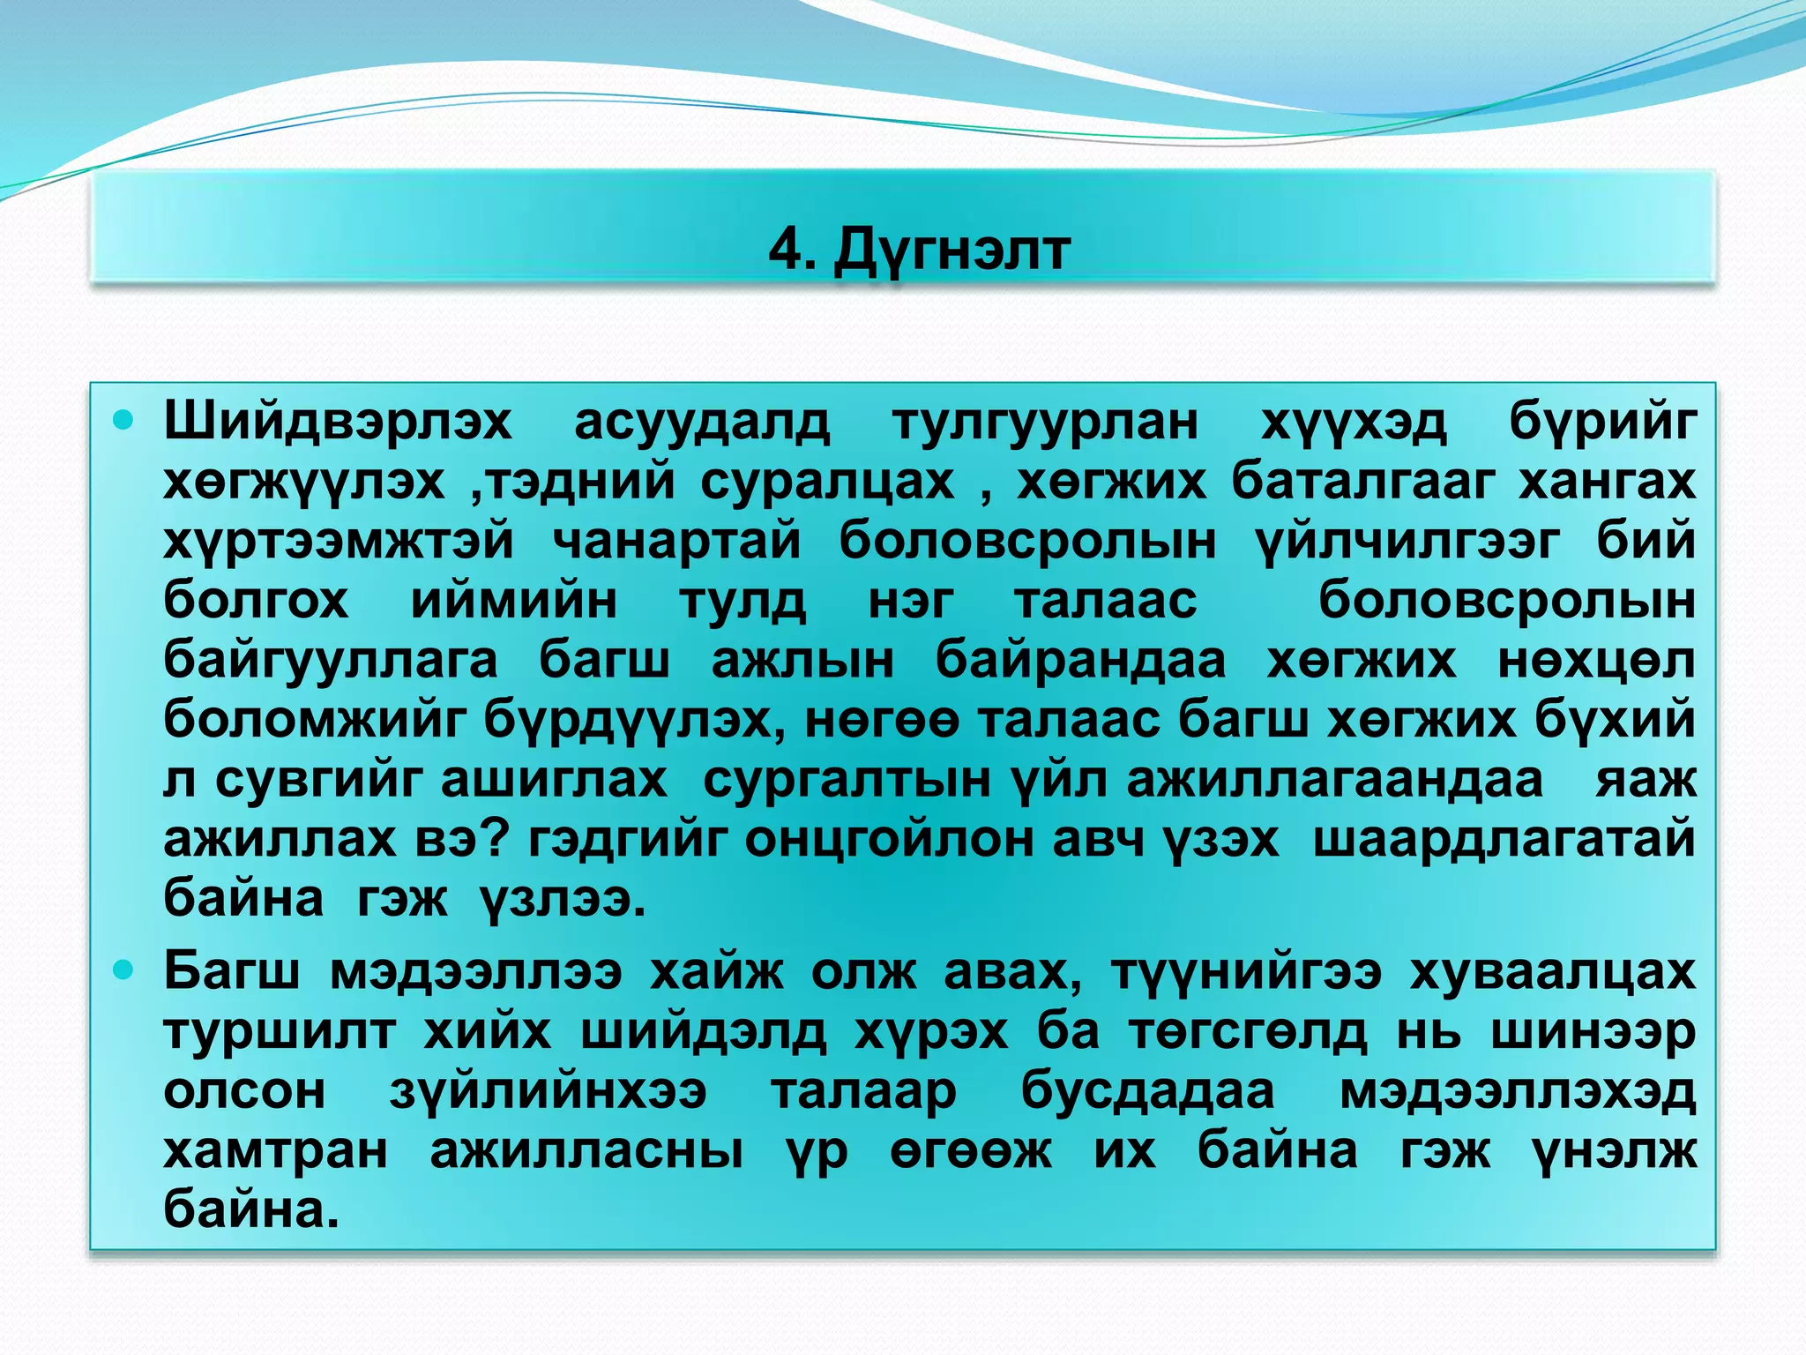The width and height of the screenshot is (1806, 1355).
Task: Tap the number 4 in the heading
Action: (x=784, y=250)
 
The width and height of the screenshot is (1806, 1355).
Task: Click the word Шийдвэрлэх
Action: (x=337, y=422)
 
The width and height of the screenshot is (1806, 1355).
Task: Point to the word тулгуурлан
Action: (x=1045, y=422)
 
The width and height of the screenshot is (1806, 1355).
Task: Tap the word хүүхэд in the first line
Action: (x=1354, y=422)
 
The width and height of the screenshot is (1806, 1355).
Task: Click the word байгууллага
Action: (x=331, y=660)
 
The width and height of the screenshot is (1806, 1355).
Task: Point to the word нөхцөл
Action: (x=1596, y=660)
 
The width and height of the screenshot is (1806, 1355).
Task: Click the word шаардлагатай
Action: (x=1504, y=839)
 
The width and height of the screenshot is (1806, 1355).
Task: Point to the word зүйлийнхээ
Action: (x=548, y=1091)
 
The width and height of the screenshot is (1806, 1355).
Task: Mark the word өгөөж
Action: (x=970, y=1150)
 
